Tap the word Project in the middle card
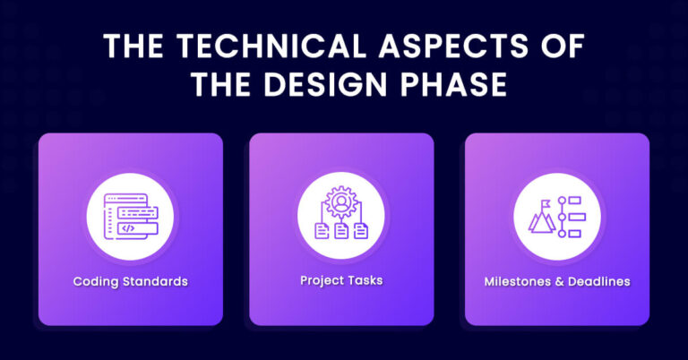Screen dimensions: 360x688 [323, 280]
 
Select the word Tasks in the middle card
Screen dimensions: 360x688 [365, 280]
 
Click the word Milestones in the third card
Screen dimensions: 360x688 [519, 281]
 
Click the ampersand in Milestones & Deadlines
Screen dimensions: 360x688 [560, 281]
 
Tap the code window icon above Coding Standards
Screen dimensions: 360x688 [130, 216]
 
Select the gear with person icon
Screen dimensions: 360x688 [341, 203]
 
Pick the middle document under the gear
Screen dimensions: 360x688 [341, 231]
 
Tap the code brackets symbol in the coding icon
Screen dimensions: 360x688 [128, 229]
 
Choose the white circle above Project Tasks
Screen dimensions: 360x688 [341, 216]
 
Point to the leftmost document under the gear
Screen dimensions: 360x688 [322, 231]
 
